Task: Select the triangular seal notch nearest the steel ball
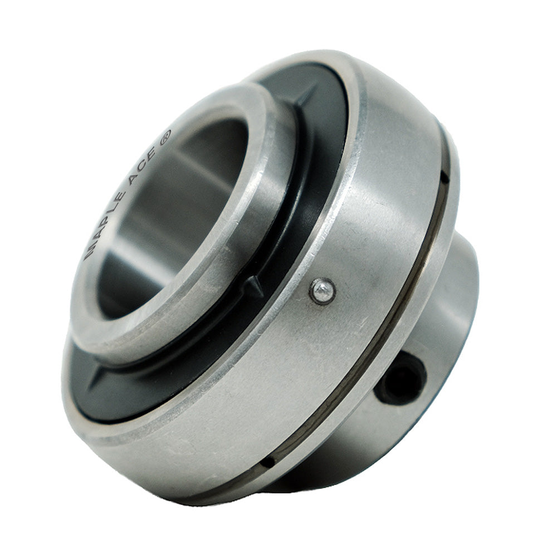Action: [x=255, y=285]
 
